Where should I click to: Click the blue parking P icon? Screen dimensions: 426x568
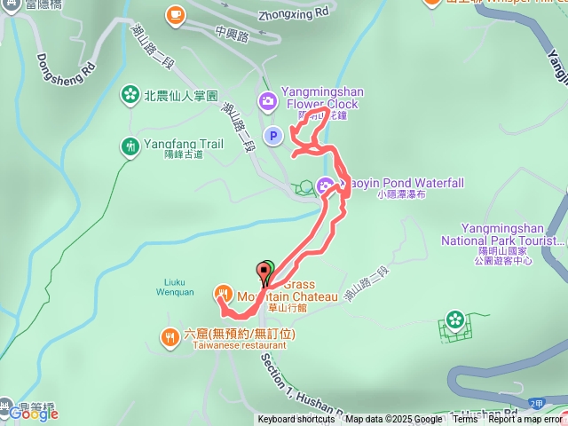tap(273, 136)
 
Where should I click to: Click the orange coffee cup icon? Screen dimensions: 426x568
tap(175, 14)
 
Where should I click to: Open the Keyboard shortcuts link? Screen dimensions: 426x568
tap(296, 420)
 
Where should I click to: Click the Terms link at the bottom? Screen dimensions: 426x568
tap(465, 420)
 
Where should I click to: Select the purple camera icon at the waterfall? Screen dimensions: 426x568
tap(326, 184)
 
